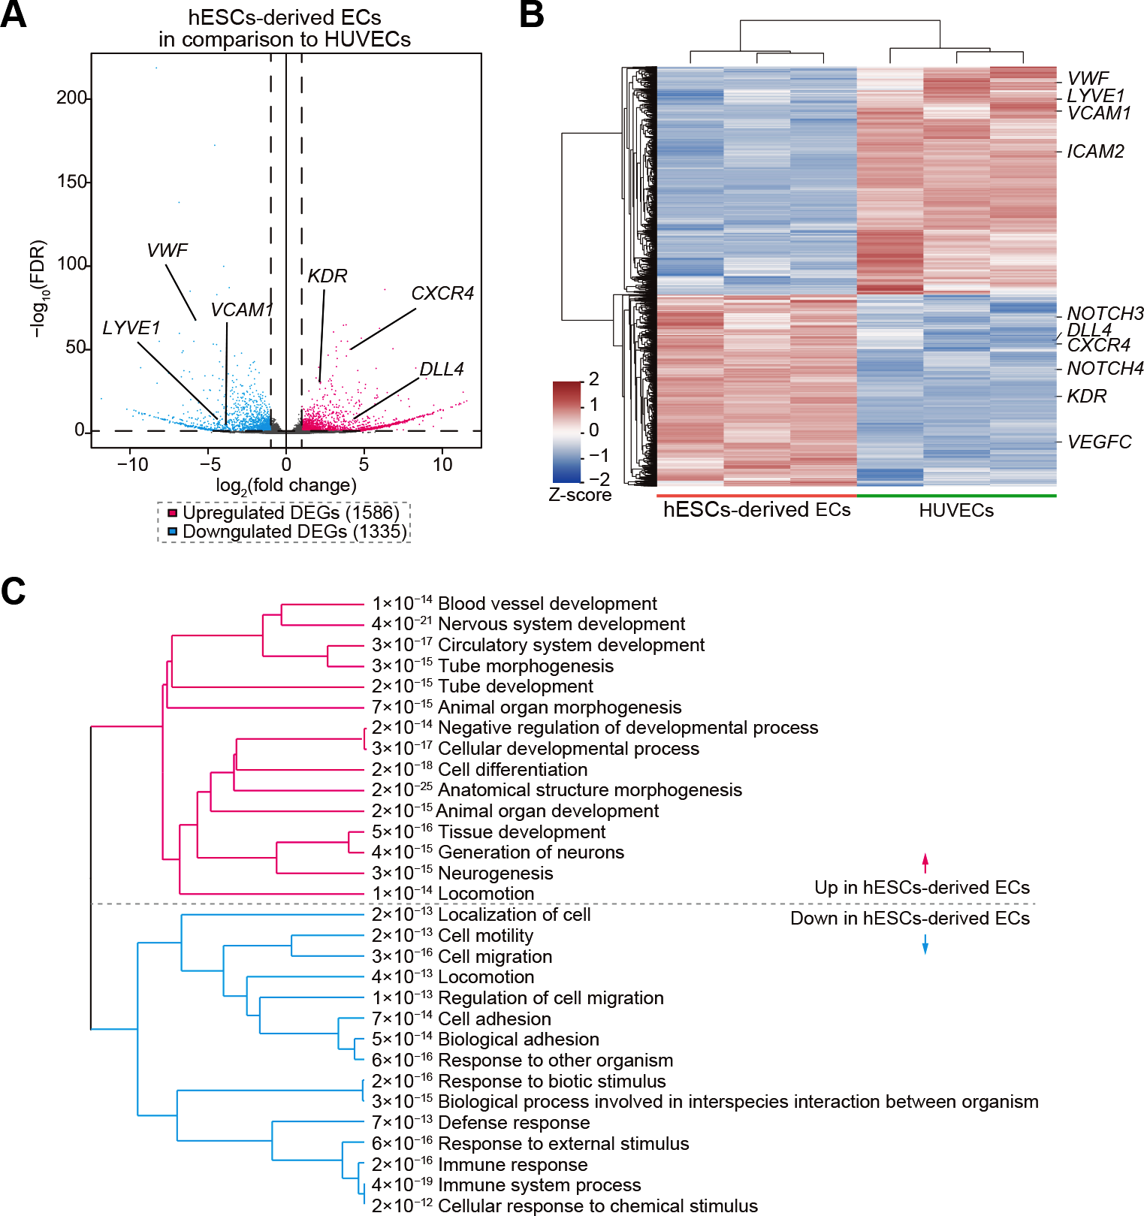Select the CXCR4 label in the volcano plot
click(442, 294)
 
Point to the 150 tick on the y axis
click(72, 182)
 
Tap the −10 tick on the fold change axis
click(132, 464)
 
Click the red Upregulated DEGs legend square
click(172, 513)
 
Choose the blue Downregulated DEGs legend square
click(172, 532)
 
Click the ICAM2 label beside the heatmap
click(1095, 152)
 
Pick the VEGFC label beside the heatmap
click(1099, 442)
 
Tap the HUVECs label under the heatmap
click(955, 511)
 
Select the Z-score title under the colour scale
click(579, 495)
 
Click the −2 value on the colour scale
click(599, 479)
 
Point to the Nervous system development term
click(561, 624)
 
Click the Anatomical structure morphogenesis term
click(590, 790)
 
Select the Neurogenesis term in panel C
click(495, 874)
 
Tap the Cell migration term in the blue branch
click(494, 957)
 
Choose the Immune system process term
click(539, 1185)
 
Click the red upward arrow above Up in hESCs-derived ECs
click(925, 862)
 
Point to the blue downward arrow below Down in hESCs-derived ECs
click(925, 944)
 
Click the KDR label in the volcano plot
click(328, 276)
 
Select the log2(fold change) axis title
click(286, 486)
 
